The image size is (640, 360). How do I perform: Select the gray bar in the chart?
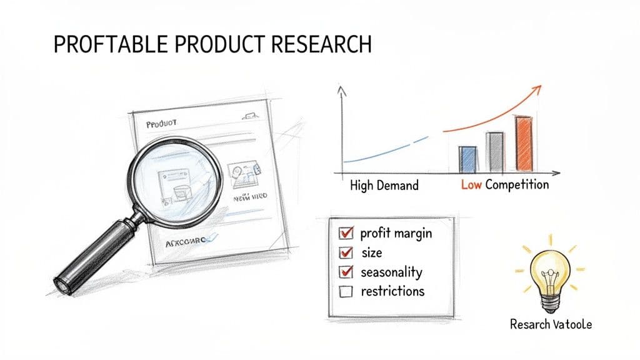click(495, 151)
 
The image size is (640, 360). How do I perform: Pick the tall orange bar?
click(524, 143)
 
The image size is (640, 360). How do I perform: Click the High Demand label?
click(384, 185)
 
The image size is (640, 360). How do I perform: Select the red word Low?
click(471, 184)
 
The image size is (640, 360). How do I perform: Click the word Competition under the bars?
click(517, 184)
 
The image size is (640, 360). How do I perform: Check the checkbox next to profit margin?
click(346, 234)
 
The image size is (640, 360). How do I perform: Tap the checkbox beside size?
click(346, 253)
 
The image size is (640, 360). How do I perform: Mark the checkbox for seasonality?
click(346, 272)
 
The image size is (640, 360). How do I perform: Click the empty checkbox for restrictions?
click(346, 292)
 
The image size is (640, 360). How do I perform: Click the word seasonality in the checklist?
click(391, 272)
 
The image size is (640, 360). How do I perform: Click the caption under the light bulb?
click(551, 324)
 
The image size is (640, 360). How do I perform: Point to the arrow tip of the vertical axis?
click(341, 89)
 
